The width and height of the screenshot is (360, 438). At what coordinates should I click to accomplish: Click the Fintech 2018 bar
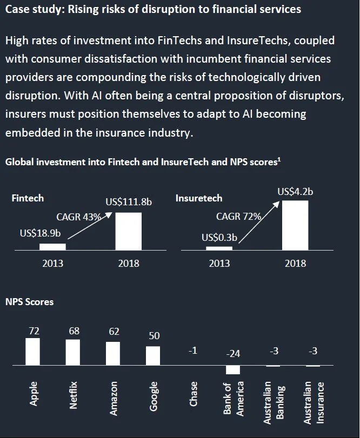[x=129, y=231]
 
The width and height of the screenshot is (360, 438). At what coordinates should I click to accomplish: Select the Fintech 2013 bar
[x=52, y=246]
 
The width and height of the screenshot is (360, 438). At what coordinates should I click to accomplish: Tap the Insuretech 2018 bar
[x=295, y=225]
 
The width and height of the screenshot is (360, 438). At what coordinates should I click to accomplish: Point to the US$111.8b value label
[x=129, y=203]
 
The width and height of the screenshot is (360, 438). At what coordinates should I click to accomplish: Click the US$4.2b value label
[x=295, y=191]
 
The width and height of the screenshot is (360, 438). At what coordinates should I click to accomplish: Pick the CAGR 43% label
[x=79, y=217]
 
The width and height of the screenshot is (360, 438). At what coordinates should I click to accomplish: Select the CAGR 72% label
[x=238, y=217]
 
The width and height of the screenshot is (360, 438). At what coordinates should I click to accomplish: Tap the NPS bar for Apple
[x=33, y=352]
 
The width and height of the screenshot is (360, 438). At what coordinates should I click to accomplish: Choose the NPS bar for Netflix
[x=73, y=352]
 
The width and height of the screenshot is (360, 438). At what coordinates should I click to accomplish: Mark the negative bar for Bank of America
[x=233, y=370]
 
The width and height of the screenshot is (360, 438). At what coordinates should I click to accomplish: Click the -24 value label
[x=233, y=354]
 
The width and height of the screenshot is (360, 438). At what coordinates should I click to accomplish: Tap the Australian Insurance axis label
[x=314, y=402]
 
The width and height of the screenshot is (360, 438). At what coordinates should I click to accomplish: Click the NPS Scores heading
[x=29, y=302]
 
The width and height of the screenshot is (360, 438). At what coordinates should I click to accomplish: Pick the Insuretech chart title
[x=198, y=198]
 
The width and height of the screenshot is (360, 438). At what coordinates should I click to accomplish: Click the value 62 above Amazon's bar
[x=114, y=332]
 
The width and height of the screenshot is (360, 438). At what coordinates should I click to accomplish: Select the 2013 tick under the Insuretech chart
[x=219, y=264]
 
